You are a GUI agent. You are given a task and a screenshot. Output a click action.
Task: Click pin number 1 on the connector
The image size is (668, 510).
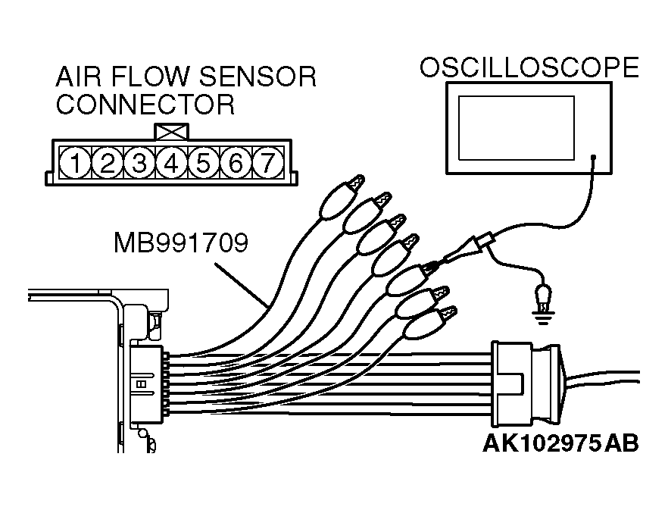coord(75,161)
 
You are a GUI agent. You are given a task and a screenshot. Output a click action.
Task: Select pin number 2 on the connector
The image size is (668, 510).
coord(107,161)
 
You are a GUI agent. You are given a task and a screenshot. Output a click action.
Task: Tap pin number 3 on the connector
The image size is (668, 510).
coord(139,161)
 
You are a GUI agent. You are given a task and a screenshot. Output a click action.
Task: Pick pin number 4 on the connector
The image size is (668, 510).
coord(170,161)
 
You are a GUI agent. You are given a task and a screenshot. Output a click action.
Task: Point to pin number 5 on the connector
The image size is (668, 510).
coord(202,161)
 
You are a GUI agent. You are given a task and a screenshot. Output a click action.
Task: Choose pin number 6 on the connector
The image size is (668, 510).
coord(234,161)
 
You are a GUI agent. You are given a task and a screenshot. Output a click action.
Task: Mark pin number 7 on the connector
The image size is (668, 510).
coord(266,161)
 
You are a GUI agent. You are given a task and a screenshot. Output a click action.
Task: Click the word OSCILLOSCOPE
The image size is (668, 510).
coord(529,67)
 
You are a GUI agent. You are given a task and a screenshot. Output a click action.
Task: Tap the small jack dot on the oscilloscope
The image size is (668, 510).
coord(593,159)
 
